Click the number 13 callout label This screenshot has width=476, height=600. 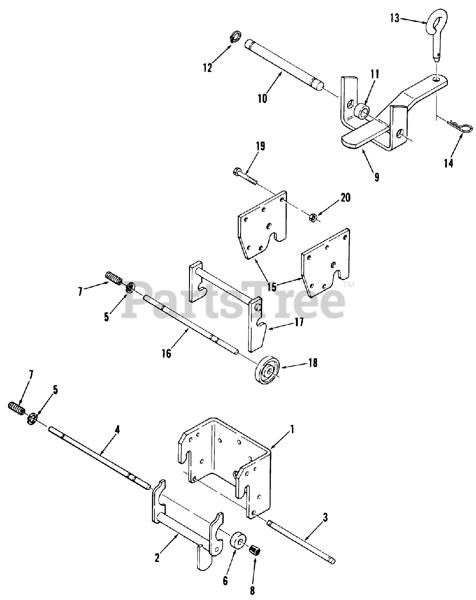(394, 19)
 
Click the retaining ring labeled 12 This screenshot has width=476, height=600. (236, 37)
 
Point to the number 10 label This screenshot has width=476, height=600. (262, 98)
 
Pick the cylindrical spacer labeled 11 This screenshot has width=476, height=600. (362, 112)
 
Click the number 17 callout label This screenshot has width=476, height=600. (299, 323)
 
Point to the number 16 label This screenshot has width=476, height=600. (166, 353)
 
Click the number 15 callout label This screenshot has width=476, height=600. (272, 287)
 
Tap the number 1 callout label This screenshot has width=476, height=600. (292, 430)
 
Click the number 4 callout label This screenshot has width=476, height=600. (117, 430)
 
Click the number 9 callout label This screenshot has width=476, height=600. (377, 177)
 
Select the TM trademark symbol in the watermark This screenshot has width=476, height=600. (350, 285)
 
